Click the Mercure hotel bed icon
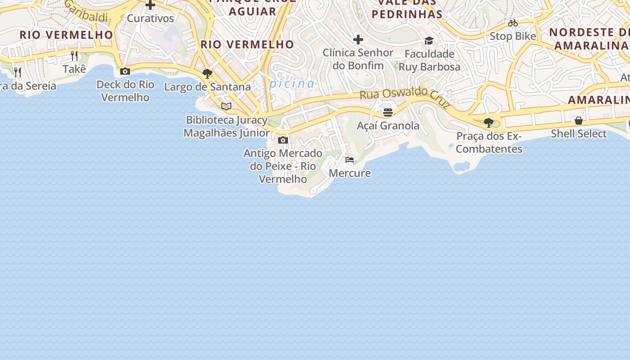350,160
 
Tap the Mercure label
350,173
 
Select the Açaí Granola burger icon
388,112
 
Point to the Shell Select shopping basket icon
579,121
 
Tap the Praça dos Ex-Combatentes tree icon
489,122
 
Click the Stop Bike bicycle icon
513,23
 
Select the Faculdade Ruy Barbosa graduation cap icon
429,41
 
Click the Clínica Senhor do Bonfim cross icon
358,40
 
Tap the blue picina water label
292,84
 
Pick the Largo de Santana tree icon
207,73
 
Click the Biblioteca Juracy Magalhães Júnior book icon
226,107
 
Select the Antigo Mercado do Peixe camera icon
283,140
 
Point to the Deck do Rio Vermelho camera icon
125,71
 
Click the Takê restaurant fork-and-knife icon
74,56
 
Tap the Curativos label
150,18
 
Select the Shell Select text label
579,134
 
